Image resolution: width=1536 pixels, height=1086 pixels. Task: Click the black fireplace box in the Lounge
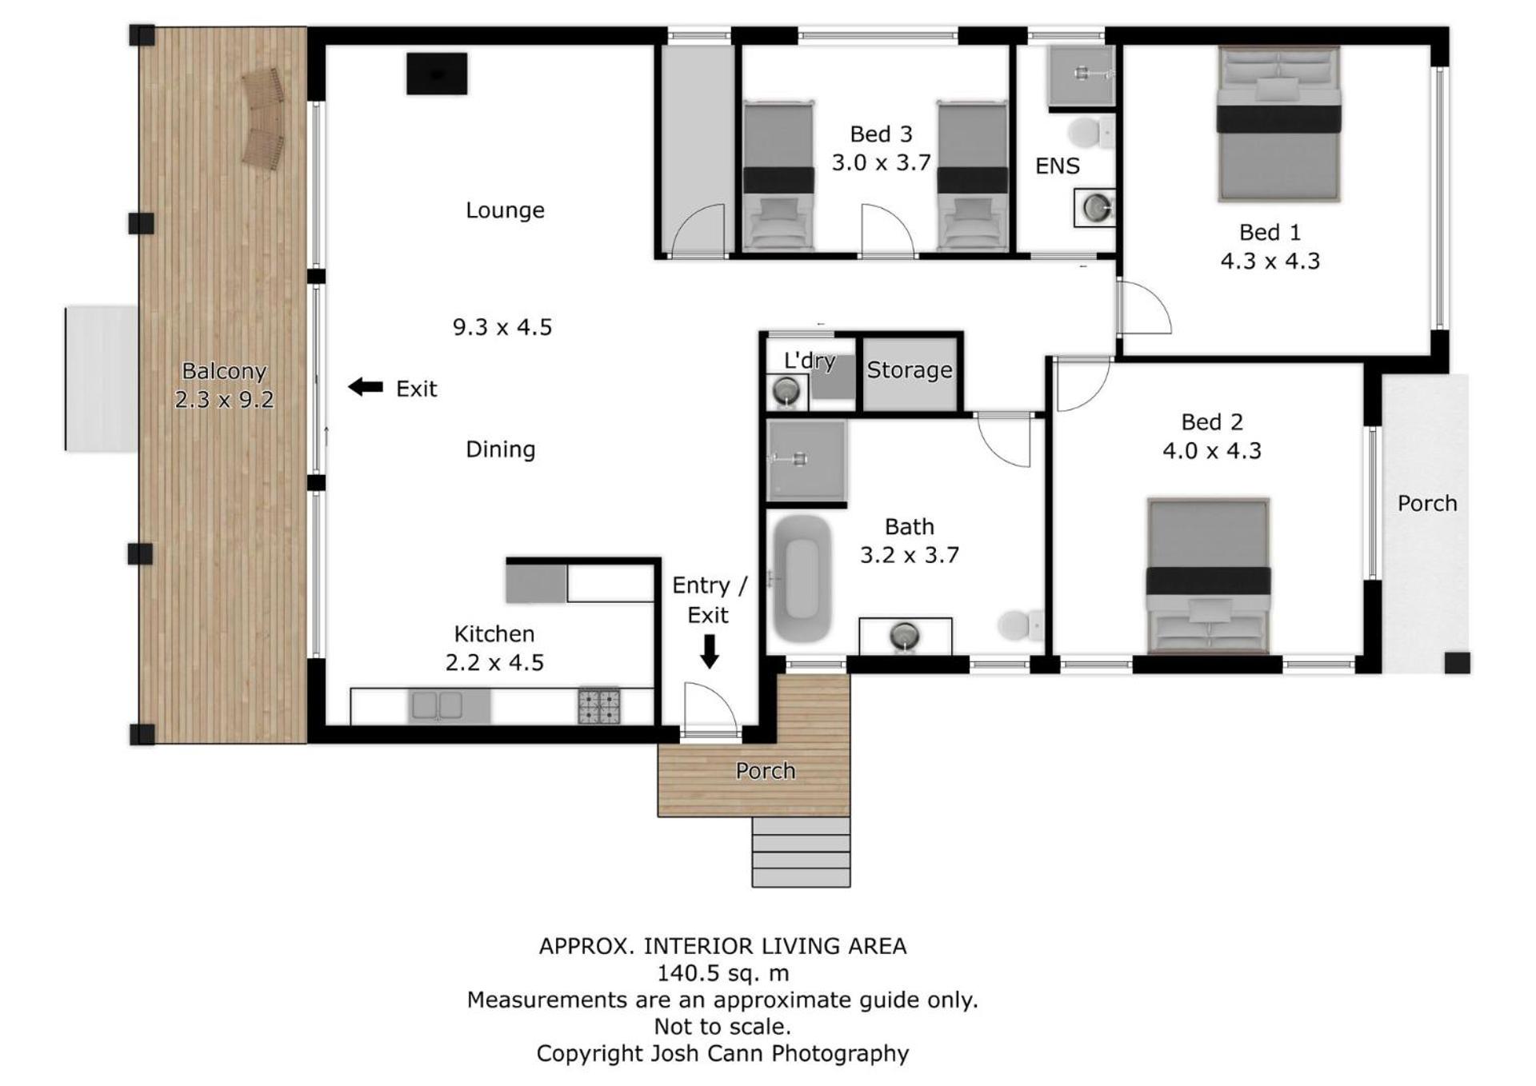(x=437, y=74)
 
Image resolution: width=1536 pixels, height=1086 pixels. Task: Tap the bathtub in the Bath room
(x=801, y=578)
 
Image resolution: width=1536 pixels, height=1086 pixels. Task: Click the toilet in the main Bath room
(x=1021, y=625)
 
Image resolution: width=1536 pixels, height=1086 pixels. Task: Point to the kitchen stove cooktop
(x=599, y=706)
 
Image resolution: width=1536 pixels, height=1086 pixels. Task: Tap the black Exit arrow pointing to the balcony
(x=366, y=387)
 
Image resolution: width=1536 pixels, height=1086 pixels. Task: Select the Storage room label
(x=910, y=370)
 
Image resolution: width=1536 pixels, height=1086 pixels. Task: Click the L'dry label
(x=810, y=361)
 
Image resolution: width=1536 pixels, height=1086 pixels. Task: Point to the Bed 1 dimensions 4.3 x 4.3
(x=1270, y=261)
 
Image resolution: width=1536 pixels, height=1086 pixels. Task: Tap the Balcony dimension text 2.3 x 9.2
(x=224, y=399)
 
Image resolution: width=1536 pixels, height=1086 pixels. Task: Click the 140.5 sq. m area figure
(x=722, y=973)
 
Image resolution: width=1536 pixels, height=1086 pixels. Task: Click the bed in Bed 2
(x=1208, y=576)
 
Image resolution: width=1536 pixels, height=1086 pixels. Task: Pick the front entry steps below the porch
(x=801, y=852)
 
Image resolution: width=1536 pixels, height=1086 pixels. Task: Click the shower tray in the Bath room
(x=806, y=461)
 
